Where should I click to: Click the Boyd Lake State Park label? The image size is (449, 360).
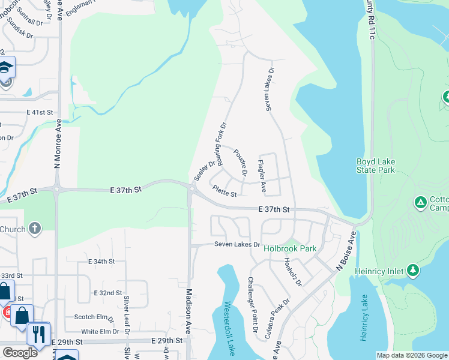(375, 166)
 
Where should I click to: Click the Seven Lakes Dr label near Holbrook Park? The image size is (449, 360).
(238, 245)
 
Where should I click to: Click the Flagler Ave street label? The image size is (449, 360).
(262, 176)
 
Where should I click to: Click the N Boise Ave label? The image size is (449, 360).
(346, 253)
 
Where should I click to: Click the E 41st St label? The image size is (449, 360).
(40, 112)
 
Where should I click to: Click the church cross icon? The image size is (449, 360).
(35, 228)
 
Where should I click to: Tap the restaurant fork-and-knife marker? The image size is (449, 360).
(39, 334)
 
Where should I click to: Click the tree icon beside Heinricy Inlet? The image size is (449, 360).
(413, 271)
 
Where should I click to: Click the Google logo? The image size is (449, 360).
(20, 352)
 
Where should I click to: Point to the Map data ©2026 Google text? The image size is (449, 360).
(412, 355)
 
